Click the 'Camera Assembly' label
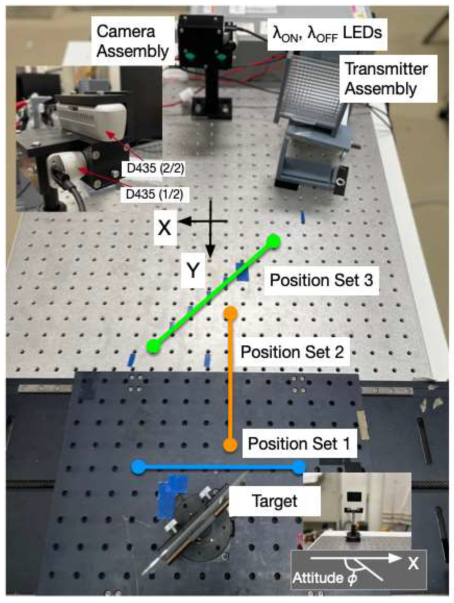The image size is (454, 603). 132,41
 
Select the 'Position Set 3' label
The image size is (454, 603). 321,280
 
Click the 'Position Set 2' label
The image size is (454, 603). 292,352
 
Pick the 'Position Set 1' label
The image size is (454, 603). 299,443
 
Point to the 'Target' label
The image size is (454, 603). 274,501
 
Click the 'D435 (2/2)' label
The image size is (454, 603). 155,168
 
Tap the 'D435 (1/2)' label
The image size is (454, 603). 154,194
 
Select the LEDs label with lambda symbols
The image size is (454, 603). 327,34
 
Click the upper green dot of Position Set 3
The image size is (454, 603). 274,241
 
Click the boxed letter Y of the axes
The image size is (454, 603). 193,271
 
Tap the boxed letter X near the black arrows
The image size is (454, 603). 165,228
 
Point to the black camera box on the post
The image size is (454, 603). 201,41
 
